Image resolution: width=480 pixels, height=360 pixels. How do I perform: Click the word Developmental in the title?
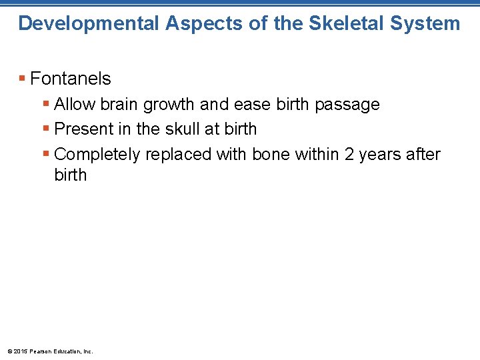click(89, 23)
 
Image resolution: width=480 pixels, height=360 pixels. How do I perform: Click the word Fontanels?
click(71, 79)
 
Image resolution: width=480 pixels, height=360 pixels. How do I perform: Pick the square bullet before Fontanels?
click(23, 79)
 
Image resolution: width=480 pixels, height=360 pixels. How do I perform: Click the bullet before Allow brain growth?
click(46, 105)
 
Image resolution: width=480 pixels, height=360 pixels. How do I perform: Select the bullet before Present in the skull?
click(46, 129)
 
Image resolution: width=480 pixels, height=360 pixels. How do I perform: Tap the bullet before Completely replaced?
click(46, 155)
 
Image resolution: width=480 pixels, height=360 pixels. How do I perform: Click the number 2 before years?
click(349, 155)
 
